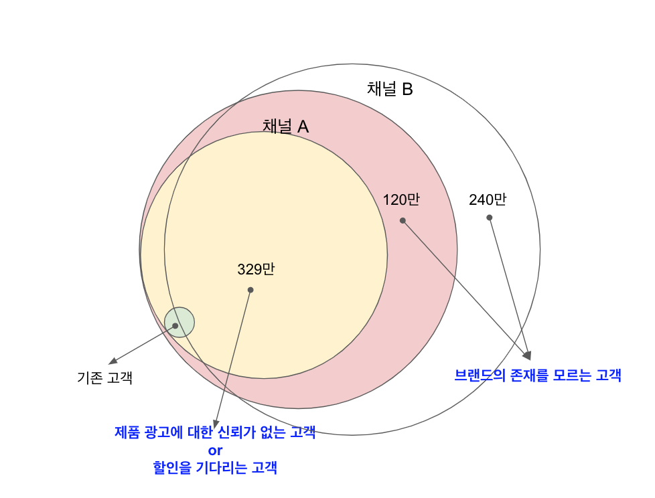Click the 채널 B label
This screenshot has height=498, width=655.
pyautogui.click(x=390, y=89)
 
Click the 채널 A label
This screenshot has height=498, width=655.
pyautogui.click(x=285, y=126)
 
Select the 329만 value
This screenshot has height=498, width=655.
pyautogui.click(x=256, y=270)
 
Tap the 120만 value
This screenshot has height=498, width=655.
pyautogui.click(x=401, y=199)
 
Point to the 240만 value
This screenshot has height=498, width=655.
pyautogui.click(x=488, y=199)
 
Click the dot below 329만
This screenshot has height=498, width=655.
pyautogui.click(x=250, y=290)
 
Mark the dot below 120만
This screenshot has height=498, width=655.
pyautogui.click(x=403, y=220)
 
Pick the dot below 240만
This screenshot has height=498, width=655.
pyautogui.click(x=489, y=218)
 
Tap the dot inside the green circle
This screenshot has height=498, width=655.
pyautogui.click(x=175, y=326)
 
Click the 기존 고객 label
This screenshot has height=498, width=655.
pyautogui.click(x=105, y=378)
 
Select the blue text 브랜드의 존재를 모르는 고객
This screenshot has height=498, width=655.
pyautogui.click(x=538, y=376)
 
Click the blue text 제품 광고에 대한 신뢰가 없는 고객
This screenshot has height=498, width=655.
pyautogui.click(x=215, y=432)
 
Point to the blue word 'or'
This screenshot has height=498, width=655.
pyautogui.click(x=215, y=450)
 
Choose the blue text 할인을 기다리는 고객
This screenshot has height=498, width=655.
pyautogui.click(x=215, y=468)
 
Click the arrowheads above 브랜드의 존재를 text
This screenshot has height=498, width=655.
pyautogui.click(x=528, y=355)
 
